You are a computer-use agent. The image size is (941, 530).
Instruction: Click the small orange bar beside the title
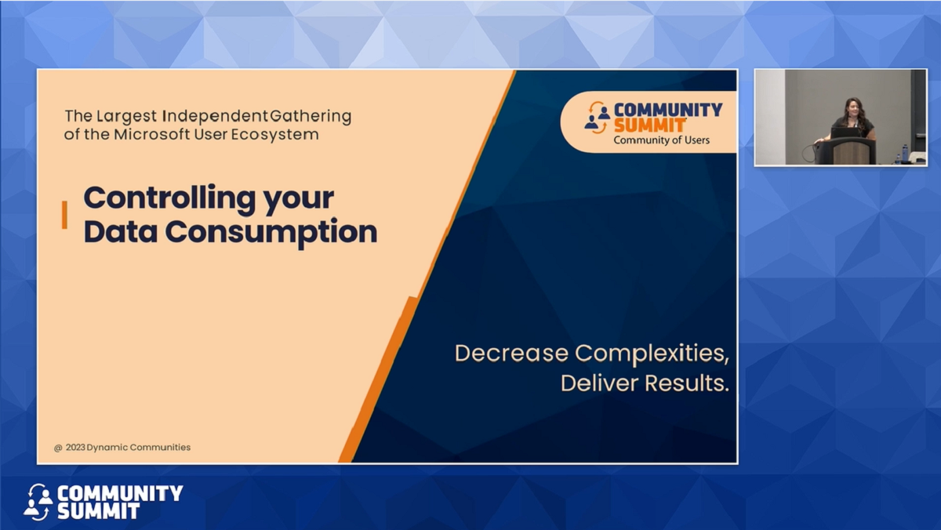64,215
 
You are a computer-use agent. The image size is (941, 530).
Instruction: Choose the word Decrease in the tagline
511,354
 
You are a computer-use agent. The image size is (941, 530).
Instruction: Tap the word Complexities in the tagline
652,354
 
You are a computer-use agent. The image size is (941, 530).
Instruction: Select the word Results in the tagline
686,384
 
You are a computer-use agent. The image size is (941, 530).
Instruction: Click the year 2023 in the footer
75,448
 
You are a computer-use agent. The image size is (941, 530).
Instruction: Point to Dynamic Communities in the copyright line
139,448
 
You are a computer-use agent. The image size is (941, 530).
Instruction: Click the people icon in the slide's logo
597,118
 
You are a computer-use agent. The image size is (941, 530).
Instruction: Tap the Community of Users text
661,140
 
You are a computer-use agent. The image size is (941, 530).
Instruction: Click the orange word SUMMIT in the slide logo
650,125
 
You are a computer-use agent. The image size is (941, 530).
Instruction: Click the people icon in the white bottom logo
38,502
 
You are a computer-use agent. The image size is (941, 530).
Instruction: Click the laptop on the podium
845,132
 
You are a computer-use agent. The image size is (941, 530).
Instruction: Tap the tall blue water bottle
905,153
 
